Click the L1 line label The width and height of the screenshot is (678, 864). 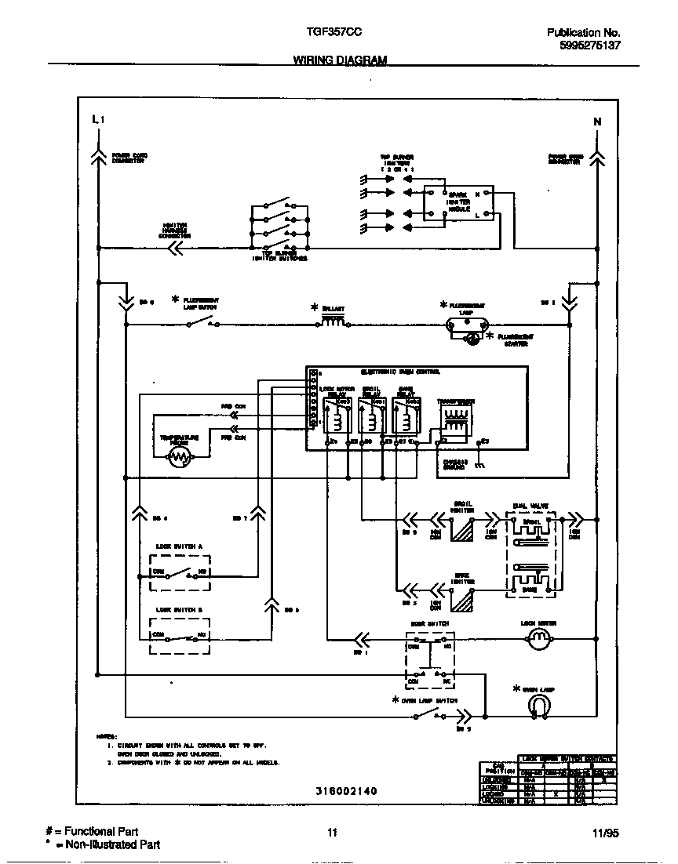97,120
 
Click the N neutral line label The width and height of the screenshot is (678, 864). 597,122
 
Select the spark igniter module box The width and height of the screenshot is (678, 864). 459,203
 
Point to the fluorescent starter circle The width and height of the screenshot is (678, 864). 473,339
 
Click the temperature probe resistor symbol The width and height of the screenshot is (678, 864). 180,459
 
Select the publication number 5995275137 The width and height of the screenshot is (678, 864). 589,46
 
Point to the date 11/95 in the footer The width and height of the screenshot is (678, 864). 607,834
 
